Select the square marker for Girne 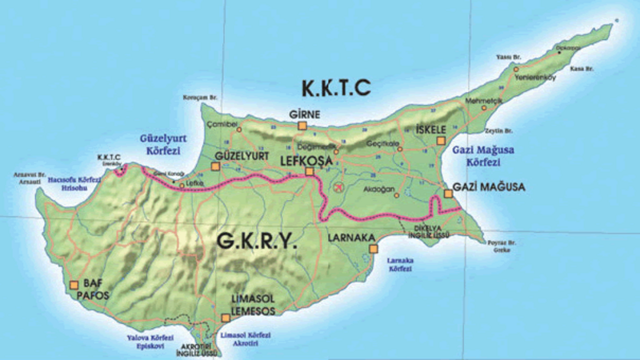point(302,126)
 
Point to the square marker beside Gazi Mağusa point(448,193)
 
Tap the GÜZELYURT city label point(243,154)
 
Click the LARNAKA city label point(350,238)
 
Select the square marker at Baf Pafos point(74,284)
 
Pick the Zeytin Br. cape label point(501,130)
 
